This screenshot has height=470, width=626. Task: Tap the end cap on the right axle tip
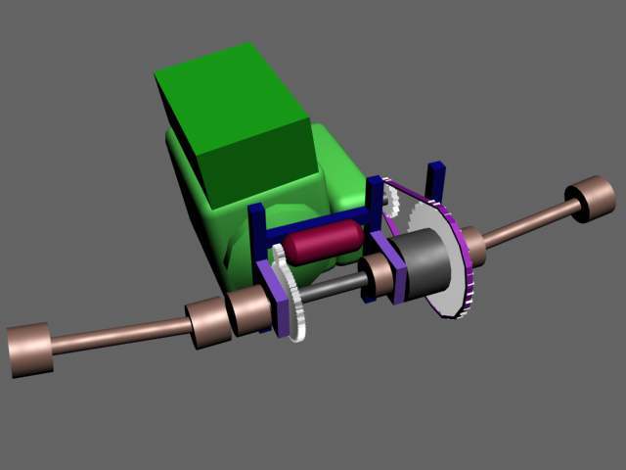(x=593, y=199)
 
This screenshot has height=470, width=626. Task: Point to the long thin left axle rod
(x=117, y=335)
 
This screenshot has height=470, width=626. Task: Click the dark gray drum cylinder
(x=426, y=264)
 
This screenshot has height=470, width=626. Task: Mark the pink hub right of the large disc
(x=473, y=245)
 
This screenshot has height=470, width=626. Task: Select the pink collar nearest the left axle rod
(x=207, y=322)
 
